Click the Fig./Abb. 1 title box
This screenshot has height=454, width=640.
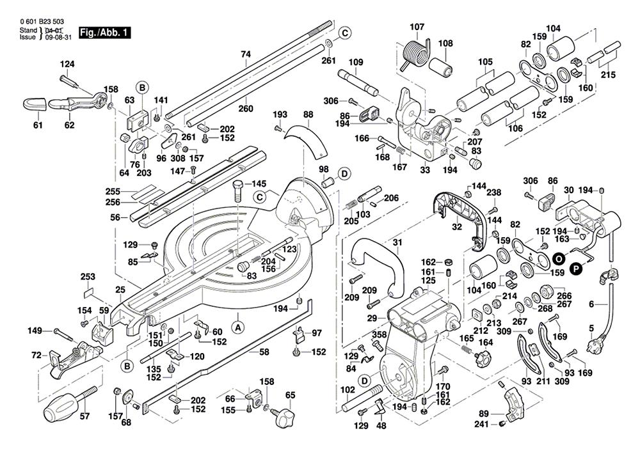pyautogui.click(x=105, y=33)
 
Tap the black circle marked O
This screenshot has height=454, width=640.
pyautogui.click(x=559, y=258)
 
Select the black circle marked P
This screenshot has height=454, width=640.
pyautogui.click(x=576, y=269)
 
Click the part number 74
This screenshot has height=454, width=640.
pyautogui.click(x=246, y=54)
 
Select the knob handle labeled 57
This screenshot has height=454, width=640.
pyautogui.click(x=70, y=405)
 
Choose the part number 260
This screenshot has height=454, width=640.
pyautogui.click(x=246, y=109)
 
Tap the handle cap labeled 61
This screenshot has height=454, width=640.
pyautogui.click(x=35, y=104)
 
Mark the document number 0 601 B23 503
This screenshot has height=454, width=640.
pyautogui.click(x=42, y=22)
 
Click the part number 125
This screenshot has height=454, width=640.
pyautogui.click(x=429, y=281)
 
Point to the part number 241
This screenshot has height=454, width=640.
pyautogui.click(x=482, y=425)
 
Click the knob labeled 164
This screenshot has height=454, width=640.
pyautogui.click(x=483, y=358)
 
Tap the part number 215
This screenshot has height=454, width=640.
pyautogui.click(x=609, y=75)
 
